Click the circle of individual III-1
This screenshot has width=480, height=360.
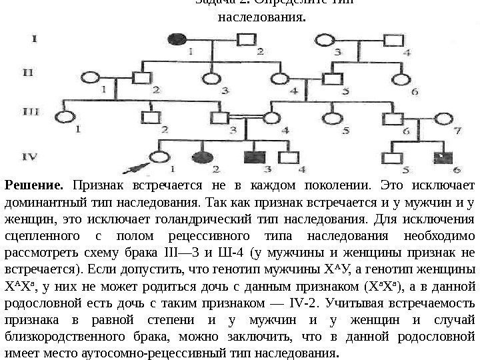click(65, 118)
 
